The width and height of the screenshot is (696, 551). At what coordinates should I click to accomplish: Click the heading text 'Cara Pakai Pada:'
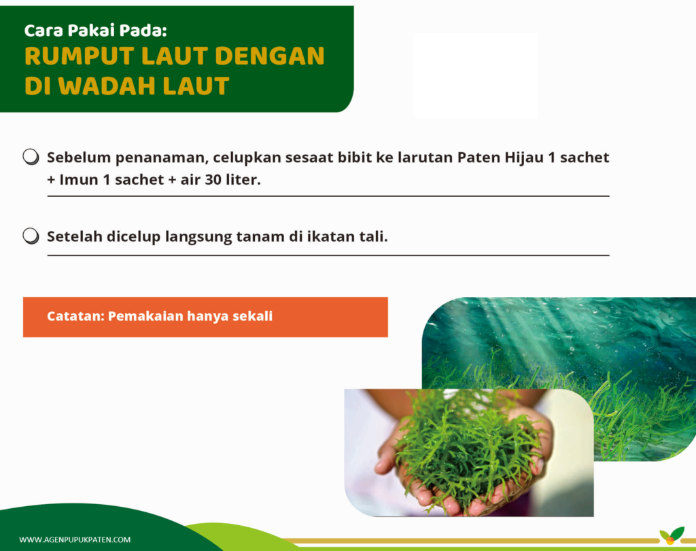click(95, 31)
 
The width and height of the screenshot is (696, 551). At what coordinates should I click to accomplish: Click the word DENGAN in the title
click(269, 56)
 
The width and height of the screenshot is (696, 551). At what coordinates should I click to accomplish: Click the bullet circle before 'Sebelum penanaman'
click(31, 157)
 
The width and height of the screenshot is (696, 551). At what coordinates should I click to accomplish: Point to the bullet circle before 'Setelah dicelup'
click(31, 236)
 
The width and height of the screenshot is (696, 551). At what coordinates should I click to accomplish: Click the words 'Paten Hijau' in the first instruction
click(500, 158)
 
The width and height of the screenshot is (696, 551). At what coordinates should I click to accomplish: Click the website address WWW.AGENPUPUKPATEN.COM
click(75, 540)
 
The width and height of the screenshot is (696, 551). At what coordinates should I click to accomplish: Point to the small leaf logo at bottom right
click(672, 535)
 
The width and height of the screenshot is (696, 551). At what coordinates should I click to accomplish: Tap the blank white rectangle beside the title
click(475, 75)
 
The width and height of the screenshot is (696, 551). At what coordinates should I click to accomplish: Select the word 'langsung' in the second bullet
click(198, 237)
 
